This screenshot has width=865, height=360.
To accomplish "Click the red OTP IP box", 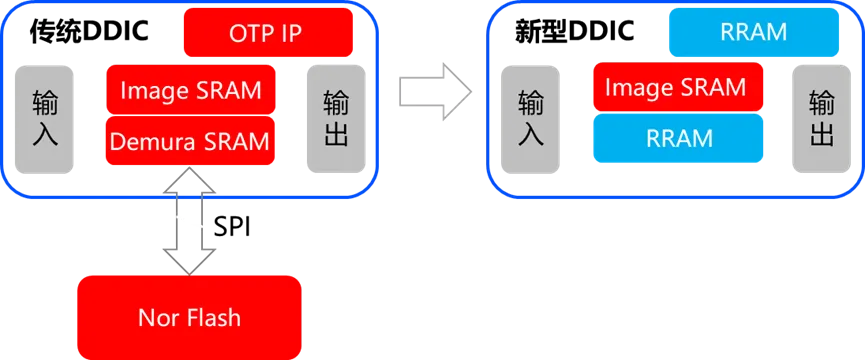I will [269, 33].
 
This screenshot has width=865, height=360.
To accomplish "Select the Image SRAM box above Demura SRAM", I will [190, 90].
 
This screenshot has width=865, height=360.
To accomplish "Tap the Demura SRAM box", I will [190, 141].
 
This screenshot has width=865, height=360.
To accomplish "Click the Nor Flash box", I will [189, 317].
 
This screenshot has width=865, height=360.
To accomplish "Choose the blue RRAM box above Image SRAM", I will [752, 33].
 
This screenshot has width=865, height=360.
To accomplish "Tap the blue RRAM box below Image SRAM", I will [679, 138].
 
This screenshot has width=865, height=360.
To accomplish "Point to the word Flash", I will [212, 318].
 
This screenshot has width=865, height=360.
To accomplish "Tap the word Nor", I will [158, 318].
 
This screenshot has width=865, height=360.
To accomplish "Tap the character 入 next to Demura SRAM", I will [45, 134].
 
